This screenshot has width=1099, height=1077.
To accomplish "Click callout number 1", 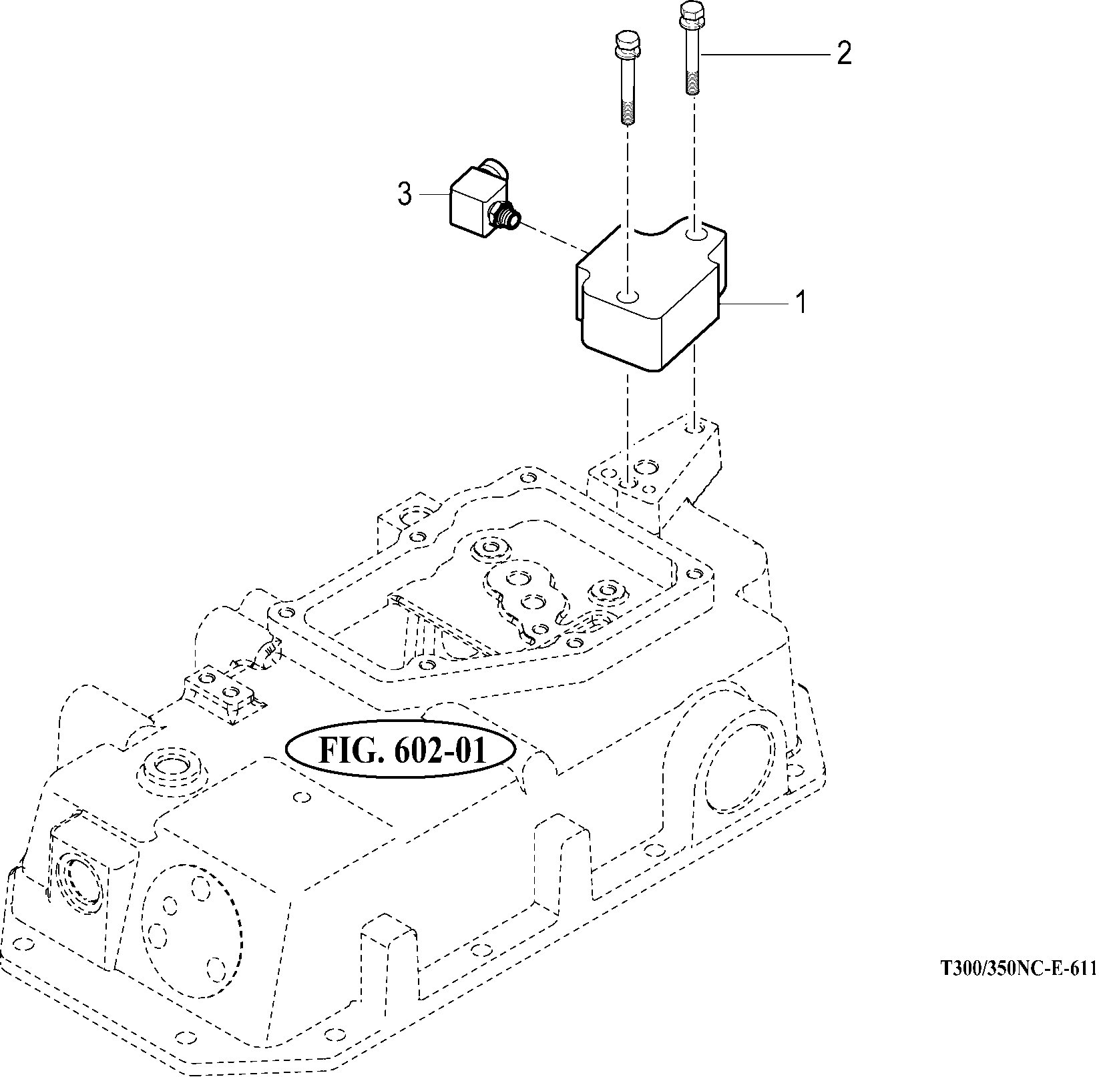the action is (x=800, y=303).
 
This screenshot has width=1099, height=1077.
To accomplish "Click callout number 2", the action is (x=844, y=53).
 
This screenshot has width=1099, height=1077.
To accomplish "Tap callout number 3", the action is (x=405, y=194).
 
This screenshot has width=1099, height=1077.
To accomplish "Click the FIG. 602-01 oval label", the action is (x=400, y=749).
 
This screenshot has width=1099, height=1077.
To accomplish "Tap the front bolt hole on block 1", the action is (x=628, y=296).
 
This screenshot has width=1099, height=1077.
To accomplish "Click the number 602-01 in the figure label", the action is (x=450, y=751).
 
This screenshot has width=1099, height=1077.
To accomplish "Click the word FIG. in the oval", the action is (x=351, y=751).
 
